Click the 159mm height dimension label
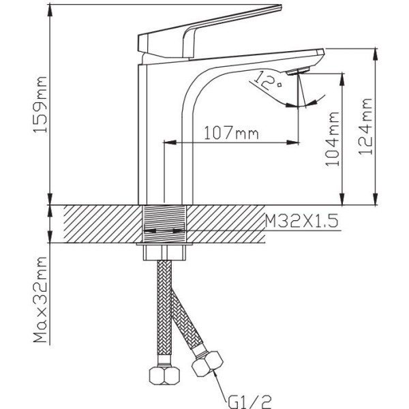coord(40,104)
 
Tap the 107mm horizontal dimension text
coord(231,133)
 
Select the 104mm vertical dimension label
coord(333,139)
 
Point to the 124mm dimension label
coord(365,127)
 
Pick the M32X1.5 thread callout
coord(301,221)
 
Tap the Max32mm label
coord(40,299)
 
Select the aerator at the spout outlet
coord(297,71)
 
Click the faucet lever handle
coord(209,33)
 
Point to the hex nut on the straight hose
coord(164,376)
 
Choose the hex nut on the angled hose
coord(207,364)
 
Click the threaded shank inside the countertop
coord(164,224)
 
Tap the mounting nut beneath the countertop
coord(164,252)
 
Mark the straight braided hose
coord(164,308)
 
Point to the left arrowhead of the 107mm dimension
coord(169,142)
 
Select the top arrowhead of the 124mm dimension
coord(376,54)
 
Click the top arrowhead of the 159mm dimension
coord(50,10)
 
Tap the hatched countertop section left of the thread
coord(104,224)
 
